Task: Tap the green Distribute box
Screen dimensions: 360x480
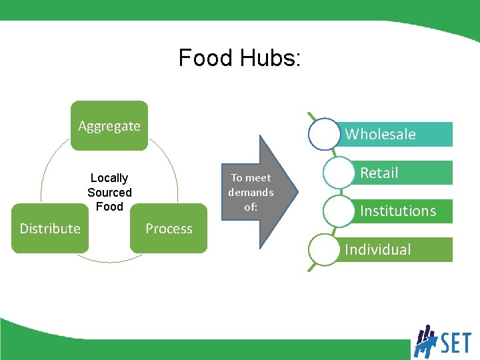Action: pos(50,229)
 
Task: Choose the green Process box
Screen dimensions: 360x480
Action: pos(169,229)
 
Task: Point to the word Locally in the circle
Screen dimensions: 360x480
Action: pos(109,178)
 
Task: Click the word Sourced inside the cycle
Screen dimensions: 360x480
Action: pos(109,193)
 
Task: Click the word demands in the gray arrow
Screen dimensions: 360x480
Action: pos(251,192)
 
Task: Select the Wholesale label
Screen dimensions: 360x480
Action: pos(380,135)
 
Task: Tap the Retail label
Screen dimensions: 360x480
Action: pos(379,173)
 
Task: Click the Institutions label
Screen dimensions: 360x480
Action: pos(398,211)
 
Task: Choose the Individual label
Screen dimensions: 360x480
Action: pos(377,250)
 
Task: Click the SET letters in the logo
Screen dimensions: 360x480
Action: pos(455,343)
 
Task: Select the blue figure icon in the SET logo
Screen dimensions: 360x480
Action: pos(425,341)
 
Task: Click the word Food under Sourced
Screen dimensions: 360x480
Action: pos(109,207)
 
